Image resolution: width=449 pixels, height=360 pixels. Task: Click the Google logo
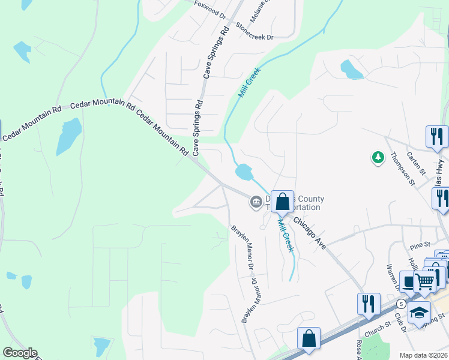tap(20, 353)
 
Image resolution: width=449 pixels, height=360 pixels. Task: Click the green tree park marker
tap(378, 157)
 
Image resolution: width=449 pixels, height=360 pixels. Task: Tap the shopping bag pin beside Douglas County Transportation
tap(282, 202)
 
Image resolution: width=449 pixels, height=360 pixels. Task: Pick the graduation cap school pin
tap(419, 312)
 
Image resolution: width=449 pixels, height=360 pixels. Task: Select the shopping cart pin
tap(425, 280)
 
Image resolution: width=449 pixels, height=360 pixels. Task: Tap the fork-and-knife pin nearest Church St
tap(368, 303)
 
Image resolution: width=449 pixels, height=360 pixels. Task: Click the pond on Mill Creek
tap(244, 173)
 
